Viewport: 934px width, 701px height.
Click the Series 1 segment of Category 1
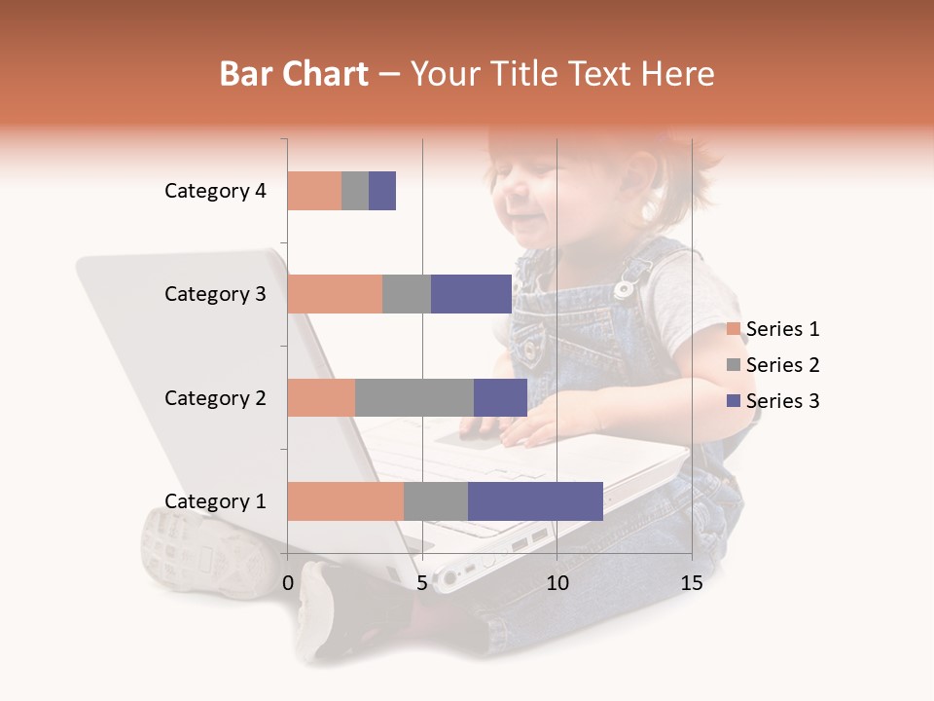(345, 501)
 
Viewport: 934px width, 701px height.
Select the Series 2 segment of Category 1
(436, 501)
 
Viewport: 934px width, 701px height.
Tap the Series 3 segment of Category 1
(535, 501)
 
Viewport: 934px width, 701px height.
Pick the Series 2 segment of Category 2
(414, 397)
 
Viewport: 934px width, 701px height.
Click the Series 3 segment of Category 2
(500, 397)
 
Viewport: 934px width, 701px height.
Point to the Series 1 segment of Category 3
(335, 294)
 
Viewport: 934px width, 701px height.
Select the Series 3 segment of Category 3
(471, 294)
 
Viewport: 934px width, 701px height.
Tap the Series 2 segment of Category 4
(355, 191)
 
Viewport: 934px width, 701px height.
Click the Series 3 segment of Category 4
(382, 191)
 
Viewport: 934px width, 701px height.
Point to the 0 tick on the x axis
(288, 583)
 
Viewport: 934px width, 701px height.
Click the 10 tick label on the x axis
(557, 583)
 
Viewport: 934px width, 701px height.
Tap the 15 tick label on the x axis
(691, 583)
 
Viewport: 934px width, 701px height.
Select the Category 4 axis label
(215, 191)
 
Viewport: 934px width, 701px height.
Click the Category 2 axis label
(215, 397)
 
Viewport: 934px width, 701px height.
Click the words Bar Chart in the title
(293, 74)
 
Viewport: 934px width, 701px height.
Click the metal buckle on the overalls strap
(625, 288)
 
